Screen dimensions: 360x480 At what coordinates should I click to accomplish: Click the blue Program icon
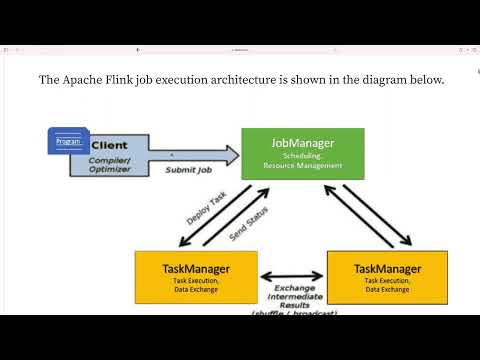68,141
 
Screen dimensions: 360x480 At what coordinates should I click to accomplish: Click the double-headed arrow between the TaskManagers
292,273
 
